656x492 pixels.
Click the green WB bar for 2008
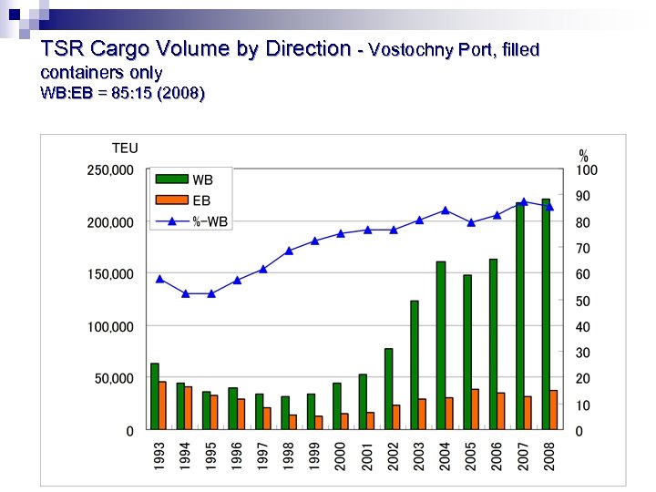pyautogui.click(x=546, y=314)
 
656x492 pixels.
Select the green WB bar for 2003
pyautogui.click(x=415, y=364)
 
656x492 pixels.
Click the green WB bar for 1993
pyautogui.click(x=154, y=396)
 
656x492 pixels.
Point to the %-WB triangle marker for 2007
pyautogui.click(x=523, y=201)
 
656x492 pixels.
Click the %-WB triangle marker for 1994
pyautogui.click(x=185, y=293)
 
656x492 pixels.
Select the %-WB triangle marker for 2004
pyautogui.click(x=445, y=210)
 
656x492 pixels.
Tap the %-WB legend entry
pyautogui.click(x=192, y=220)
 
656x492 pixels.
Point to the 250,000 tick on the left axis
pyautogui.click(x=110, y=170)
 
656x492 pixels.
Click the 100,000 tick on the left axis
pyautogui.click(x=110, y=326)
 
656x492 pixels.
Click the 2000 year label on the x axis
pyautogui.click(x=338, y=455)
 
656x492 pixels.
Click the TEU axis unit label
pyautogui.click(x=125, y=149)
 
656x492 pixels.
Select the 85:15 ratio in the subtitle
pyautogui.click(x=128, y=93)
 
